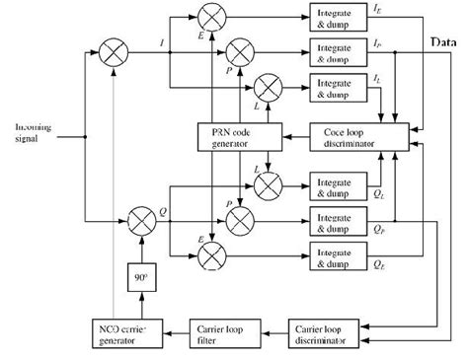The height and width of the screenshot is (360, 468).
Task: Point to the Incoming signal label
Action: click(35, 132)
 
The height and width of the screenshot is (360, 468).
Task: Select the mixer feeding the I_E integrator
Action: click(211, 16)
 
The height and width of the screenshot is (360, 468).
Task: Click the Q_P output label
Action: click(378, 226)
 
